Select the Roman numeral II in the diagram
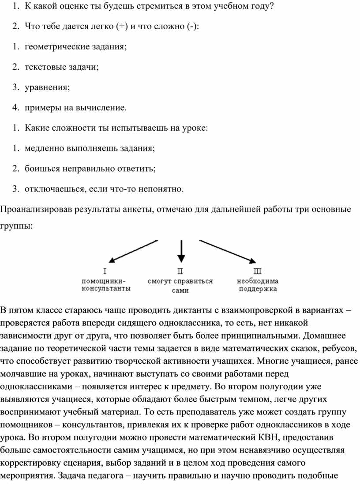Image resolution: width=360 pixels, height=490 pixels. [x=180, y=271]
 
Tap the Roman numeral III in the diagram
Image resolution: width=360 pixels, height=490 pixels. [x=258, y=271]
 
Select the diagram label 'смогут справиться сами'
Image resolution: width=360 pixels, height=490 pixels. [x=180, y=286]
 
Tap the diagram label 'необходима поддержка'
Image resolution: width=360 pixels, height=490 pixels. [x=258, y=285]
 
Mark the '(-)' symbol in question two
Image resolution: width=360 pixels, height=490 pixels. [x=192, y=26]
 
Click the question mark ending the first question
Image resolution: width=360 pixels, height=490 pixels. [x=271, y=6]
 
